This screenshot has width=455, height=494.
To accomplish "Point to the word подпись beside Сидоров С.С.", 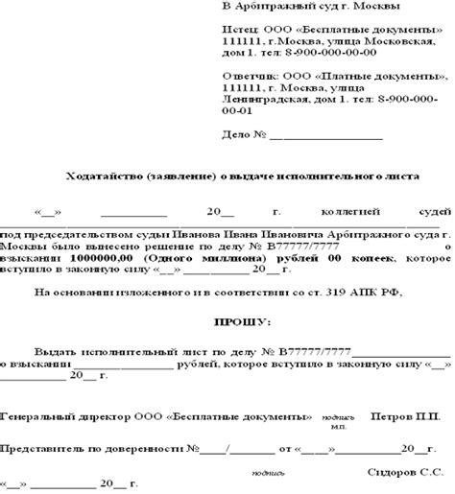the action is click(x=266, y=472).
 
